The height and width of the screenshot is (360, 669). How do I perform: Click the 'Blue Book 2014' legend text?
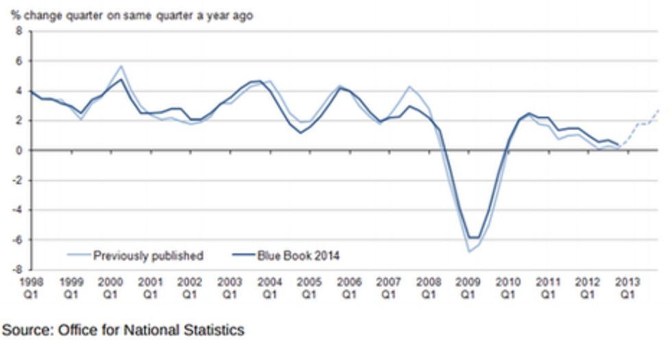tap(299, 256)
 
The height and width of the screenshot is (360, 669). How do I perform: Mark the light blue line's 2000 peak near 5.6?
tap(121, 67)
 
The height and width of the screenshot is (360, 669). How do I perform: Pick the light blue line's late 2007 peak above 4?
tap(409, 86)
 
